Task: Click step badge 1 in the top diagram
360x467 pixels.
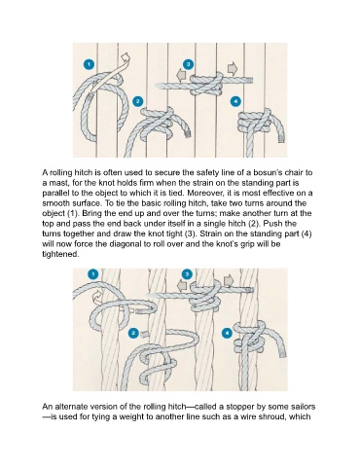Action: tap(89, 64)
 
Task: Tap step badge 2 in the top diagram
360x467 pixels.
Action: tap(138, 101)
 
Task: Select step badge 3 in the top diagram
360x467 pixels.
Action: tap(189, 64)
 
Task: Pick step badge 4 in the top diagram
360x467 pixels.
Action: tap(235, 101)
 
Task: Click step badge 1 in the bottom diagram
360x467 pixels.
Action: tap(93, 274)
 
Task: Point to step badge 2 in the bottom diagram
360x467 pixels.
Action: tap(133, 333)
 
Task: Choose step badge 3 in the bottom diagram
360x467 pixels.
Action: tap(187, 274)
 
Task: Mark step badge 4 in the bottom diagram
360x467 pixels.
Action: tap(227, 333)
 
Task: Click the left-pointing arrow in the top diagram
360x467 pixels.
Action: tap(181, 76)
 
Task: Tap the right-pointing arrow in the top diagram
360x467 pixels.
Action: tap(233, 68)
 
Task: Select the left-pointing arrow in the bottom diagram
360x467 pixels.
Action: tap(182, 286)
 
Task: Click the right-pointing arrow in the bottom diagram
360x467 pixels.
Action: tap(229, 280)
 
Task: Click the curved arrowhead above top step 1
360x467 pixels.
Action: tap(125, 59)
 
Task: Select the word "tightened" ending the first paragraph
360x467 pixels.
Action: tap(60, 254)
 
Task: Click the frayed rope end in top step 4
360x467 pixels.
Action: tap(281, 139)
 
